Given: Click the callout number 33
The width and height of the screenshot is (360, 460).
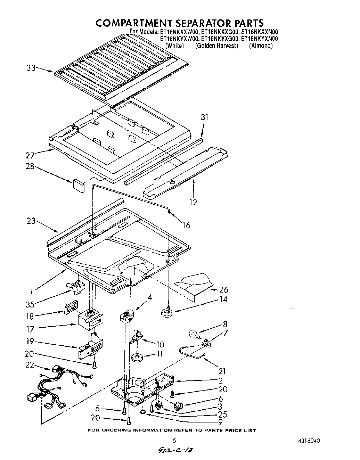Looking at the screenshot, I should point(31,68).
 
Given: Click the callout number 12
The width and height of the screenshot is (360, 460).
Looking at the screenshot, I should point(193,202).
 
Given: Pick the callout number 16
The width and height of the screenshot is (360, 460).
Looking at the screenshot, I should point(186,225).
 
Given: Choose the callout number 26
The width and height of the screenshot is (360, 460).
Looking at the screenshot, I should point(223,290).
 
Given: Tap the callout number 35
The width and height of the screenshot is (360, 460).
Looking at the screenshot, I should point(30,304).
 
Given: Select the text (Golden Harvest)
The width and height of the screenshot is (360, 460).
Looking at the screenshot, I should point(216,46).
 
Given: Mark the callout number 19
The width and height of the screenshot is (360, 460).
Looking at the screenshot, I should point(30,341).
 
